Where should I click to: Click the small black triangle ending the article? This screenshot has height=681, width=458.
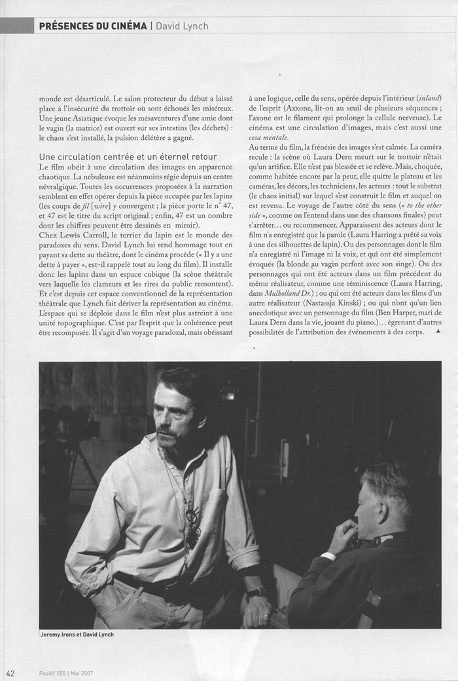click(438, 332)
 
